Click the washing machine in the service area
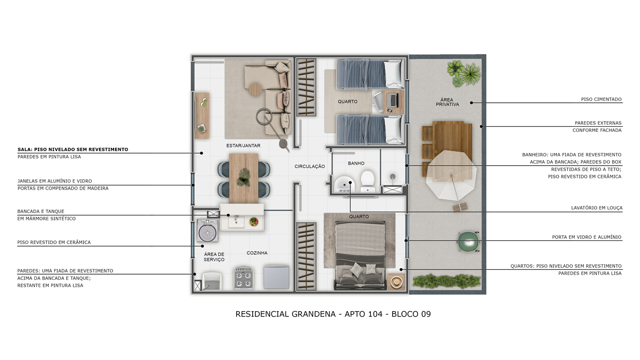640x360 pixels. click(208, 230)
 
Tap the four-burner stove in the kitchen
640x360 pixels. click(243, 278)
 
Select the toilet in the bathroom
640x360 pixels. click(368, 181)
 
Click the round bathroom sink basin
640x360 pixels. click(345, 184)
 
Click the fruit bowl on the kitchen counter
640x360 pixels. click(254, 222)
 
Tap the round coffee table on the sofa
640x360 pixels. click(255, 89)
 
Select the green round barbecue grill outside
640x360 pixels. click(468, 242)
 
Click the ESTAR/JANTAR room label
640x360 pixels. click(243, 146)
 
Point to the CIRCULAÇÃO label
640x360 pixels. click(310, 166)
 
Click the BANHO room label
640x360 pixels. click(356, 163)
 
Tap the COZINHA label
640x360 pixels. click(257, 253)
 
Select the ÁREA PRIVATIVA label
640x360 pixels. click(447, 102)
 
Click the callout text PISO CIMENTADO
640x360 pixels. click(601, 100)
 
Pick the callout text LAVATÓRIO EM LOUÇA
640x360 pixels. click(597, 208)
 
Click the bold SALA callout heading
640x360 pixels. click(73, 149)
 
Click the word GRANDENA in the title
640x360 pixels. click(314, 314)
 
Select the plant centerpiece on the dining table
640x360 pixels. click(243, 177)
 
